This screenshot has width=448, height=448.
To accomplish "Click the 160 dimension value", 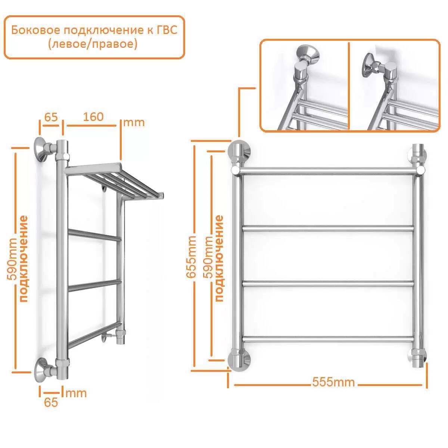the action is pyautogui.click(x=93, y=117).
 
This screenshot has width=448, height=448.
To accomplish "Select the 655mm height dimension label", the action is pyautogui.click(x=191, y=257).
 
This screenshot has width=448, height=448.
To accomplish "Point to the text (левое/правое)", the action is pyautogui.click(x=93, y=44).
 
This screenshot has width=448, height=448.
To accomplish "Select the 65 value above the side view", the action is pyautogui.click(x=51, y=117).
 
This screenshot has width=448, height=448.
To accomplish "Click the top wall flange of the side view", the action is pyautogui.click(x=41, y=149).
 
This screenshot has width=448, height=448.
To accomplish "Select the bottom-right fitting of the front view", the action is pyautogui.click(x=419, y=361).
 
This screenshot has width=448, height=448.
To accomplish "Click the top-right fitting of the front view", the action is pyautogui.click(x=418, y=153).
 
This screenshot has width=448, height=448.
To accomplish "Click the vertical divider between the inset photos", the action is pyautogui.click(x=349, y=86).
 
